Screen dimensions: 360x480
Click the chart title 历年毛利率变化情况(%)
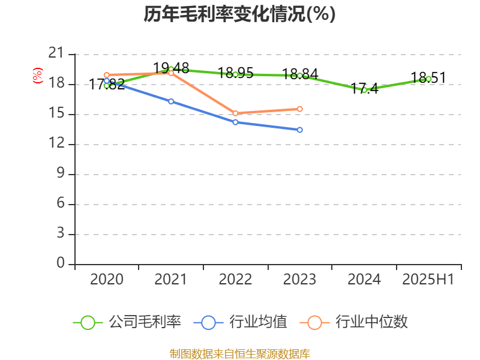coord(239,14)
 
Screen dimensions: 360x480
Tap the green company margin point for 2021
coord(171,69)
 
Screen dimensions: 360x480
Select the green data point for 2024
coord(364,90)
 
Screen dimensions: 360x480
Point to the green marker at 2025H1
coord(428,79)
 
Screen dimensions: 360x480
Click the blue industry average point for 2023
coord(300,130)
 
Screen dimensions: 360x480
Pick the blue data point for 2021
coord(171,101)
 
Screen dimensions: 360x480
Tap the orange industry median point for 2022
coord(235,113)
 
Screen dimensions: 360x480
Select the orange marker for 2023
coord(300,109)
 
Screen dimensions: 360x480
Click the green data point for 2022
coord(235,74)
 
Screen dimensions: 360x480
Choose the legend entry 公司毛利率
coord(127,322)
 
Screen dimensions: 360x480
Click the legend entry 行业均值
coord(241,322)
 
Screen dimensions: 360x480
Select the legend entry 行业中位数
coord(358,322)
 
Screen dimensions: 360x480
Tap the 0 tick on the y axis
coord(60,264)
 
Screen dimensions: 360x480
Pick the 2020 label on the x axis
coord(107,280)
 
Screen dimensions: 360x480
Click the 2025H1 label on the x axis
coord(428,280)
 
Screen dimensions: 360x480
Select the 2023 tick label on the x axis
coord(300,280)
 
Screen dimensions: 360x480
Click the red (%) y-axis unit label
coord(38,76)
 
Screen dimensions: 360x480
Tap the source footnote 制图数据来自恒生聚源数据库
coord(239,353)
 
